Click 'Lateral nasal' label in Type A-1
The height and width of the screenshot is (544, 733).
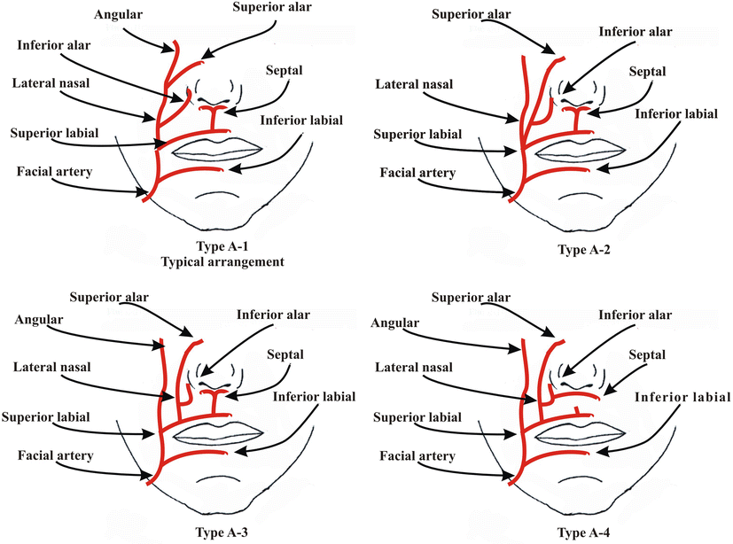pos(49,84)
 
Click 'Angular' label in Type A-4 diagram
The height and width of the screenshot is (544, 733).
pos(394,323)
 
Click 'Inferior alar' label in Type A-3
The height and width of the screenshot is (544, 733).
pos(272,314)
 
